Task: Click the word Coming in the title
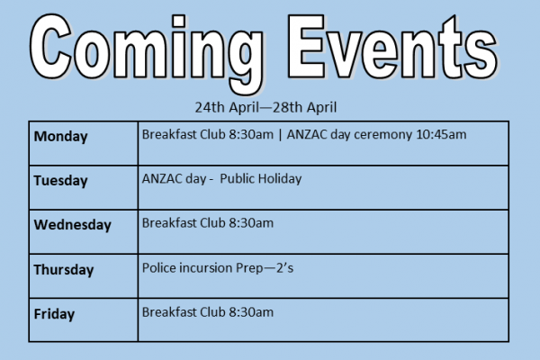pyautogui.click(x=147, y=53)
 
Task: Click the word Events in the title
pyautogui.click(x=392, y=47)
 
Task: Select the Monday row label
pyautogui.click(x=60, y=137)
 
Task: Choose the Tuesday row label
pyautogui.click(x=60, y=181)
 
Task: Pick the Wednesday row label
pyautogui.click(x=72, y=225)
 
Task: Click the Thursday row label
pyautogui.click(x=64, y=270)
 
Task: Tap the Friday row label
pyautogui.click(x=54, y=314)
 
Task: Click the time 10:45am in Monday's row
pyautogui.click(x=441, y=134)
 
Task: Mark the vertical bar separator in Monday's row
pyautogui.click(x=280, y=135)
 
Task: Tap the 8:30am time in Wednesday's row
pyautogui.click(x=251, y=223)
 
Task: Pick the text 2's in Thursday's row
pyautogui.click(x=284, y=267)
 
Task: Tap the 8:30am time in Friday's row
pyautogui.click(x=251, y=312)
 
